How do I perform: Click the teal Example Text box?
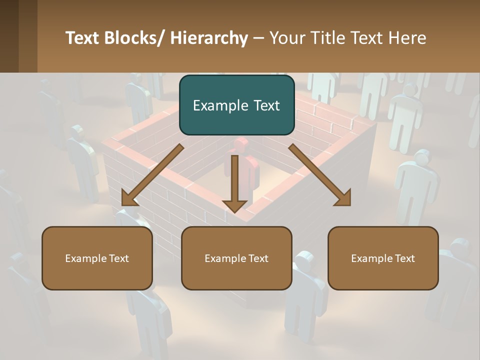(236, 105)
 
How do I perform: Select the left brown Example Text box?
(97, 258)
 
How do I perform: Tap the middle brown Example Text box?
(236, 258)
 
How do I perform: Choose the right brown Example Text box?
(383, 258)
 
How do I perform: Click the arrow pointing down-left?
(152, 175)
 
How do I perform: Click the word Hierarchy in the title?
(209, 38)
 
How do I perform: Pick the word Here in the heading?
(407, 38)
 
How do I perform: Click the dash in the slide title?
(258, 39)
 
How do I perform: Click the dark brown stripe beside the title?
(9, 36)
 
